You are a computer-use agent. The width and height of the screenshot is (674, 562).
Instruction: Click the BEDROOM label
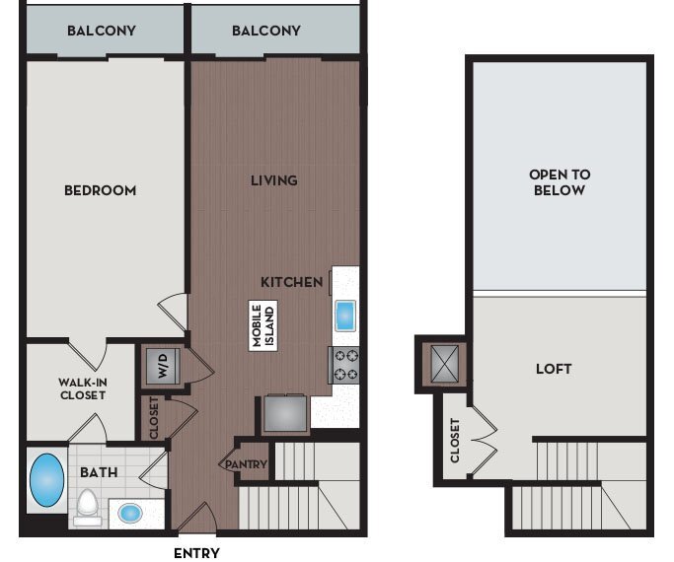coord(100,190)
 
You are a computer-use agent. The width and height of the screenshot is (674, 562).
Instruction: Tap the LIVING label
coord(273,180)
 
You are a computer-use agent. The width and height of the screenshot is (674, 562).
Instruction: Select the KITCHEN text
coord(291,282)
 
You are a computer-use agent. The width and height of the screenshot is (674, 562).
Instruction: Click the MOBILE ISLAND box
coord(262,325)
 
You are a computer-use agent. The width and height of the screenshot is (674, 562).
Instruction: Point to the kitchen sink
coord(344,316)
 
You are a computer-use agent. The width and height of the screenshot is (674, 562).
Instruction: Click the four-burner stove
coord(346,365)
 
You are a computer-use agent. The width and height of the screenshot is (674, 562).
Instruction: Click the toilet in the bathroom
coord(88,506)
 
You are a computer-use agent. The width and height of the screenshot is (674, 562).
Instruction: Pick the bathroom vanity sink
coord(129,513)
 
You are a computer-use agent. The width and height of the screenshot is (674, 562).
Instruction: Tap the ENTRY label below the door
coord(196,553)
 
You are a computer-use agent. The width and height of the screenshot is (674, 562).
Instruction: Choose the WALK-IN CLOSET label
coord(80,387)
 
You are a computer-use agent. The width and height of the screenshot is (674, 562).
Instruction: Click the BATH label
coord(100,472)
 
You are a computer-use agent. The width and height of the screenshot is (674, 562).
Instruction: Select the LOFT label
coord(554,369)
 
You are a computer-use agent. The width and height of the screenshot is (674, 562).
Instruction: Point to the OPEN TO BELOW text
coord(561,182)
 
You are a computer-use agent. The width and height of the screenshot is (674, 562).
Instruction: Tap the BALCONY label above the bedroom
coord(102,31)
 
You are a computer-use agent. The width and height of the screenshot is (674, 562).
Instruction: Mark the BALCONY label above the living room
coord(266,31)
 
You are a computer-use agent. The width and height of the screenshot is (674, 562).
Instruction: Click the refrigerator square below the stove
coord(285,413)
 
